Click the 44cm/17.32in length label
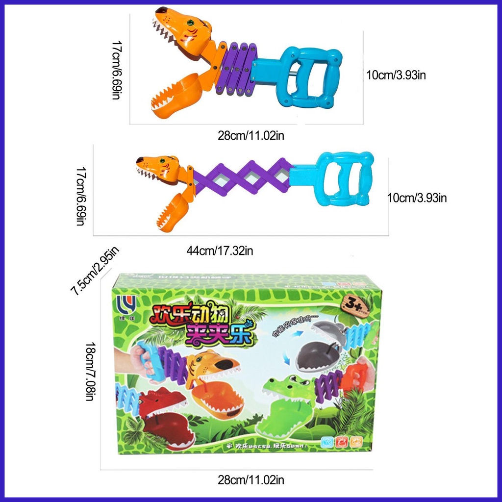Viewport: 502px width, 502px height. (x=220, y=251)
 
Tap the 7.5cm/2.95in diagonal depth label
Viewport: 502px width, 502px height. (x=95, y=271)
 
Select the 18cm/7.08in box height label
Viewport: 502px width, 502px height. (x=90, y=371)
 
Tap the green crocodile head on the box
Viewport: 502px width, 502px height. (x=284, y=402)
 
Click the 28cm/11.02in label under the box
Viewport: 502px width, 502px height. (x=251, y=479)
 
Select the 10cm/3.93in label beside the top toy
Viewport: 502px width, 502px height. (x=398, y=75)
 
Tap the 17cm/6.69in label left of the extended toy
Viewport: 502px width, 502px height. (x=80, y=196)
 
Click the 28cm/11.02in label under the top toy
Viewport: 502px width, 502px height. (x=251, y=135)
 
